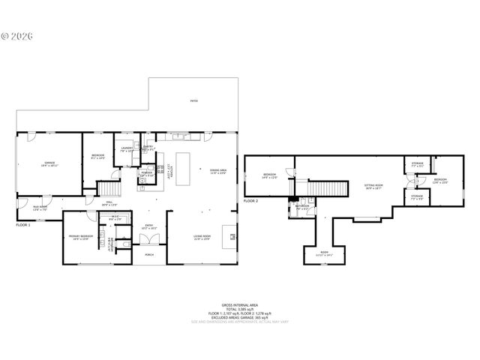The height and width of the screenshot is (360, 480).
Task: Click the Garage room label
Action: pos(49,163)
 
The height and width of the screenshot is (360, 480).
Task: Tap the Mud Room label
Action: pos(39,208)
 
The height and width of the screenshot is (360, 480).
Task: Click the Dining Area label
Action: pos(218,170)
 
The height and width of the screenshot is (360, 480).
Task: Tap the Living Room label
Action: pos(202,237)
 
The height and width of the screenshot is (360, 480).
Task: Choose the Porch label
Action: pos(148,255)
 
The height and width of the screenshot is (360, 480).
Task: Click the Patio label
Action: pos(193,100)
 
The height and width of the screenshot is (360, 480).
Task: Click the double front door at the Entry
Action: pos(148,238)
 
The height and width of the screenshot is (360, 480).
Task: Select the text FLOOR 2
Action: pos(250,202)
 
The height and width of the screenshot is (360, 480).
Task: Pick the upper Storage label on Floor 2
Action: pos(418,164)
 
